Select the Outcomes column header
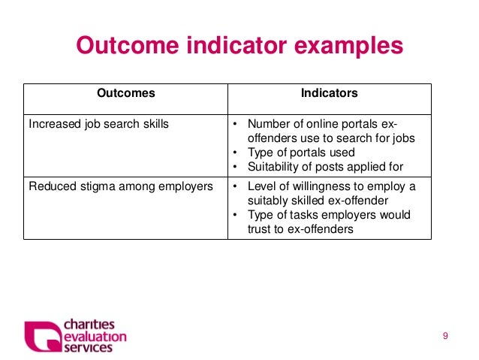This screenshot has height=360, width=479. (126, 94)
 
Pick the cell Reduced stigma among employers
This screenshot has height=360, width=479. (120, 186)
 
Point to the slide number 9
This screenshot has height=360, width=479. (445, 335)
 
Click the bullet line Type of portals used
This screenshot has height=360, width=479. (301, 153)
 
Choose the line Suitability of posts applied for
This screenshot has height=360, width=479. (325, 167)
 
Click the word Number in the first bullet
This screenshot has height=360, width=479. (268, 124)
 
